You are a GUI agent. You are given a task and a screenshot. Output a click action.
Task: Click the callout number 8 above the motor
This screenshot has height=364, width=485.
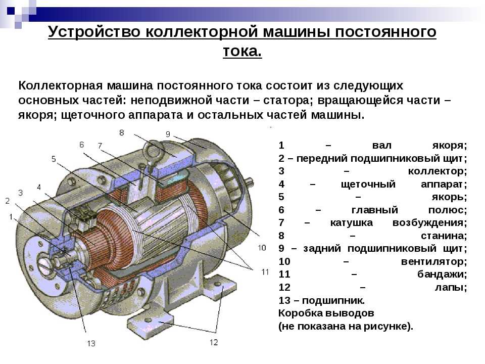coord(122,133)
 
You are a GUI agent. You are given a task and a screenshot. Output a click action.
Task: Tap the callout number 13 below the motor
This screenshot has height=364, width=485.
coord(91,343)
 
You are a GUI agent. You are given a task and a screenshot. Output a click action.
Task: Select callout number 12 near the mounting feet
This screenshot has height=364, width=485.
coord(214,342)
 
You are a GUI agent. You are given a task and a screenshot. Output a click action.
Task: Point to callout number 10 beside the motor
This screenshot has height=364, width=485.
coord(262,248)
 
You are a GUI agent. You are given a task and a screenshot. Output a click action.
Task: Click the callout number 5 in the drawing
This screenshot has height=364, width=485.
coord(54,159)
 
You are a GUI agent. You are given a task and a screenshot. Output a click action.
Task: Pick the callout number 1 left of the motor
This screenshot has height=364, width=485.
coord(11,217)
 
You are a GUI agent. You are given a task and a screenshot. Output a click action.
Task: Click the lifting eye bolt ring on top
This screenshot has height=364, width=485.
coord(153,151)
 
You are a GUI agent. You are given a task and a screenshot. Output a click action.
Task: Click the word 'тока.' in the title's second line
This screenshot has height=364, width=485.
coord(242,51)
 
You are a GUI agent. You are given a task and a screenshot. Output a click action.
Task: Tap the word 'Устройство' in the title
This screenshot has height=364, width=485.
coord(94,32)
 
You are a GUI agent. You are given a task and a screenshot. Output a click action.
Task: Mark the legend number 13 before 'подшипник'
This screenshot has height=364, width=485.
coord(284,300)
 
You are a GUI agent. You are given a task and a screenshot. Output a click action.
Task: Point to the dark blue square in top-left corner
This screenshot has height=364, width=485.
coord(11,11)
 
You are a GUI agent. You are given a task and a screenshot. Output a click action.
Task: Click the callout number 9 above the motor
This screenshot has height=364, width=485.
coord(168,134)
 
